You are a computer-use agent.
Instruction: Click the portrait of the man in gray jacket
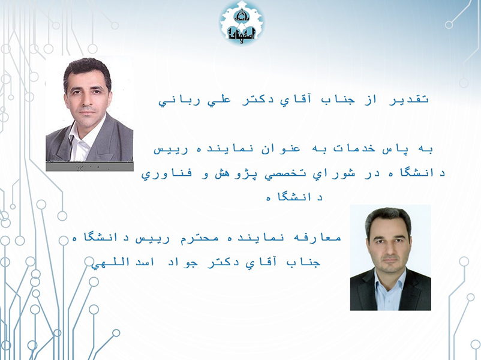pos(89,113)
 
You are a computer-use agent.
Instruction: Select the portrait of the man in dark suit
pos(390,257)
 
